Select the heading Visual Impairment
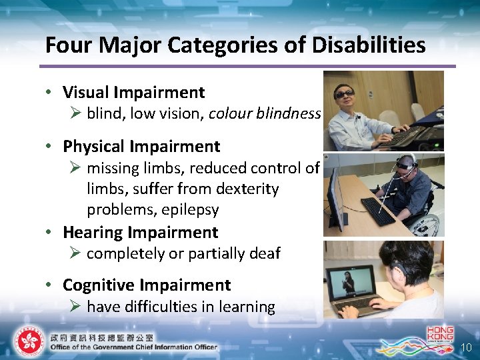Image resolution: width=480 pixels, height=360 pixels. (133, 93)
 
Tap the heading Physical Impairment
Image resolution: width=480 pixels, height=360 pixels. (141, 146)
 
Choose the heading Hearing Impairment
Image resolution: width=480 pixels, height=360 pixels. (140, 233)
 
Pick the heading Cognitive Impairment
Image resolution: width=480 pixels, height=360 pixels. (147, 285)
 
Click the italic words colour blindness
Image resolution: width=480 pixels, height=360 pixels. (265, 113)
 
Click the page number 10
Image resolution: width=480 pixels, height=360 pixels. (466, 347)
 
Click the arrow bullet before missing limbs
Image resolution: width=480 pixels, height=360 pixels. (75, 168)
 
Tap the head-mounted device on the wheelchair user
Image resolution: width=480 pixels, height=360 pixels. (404, 162)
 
